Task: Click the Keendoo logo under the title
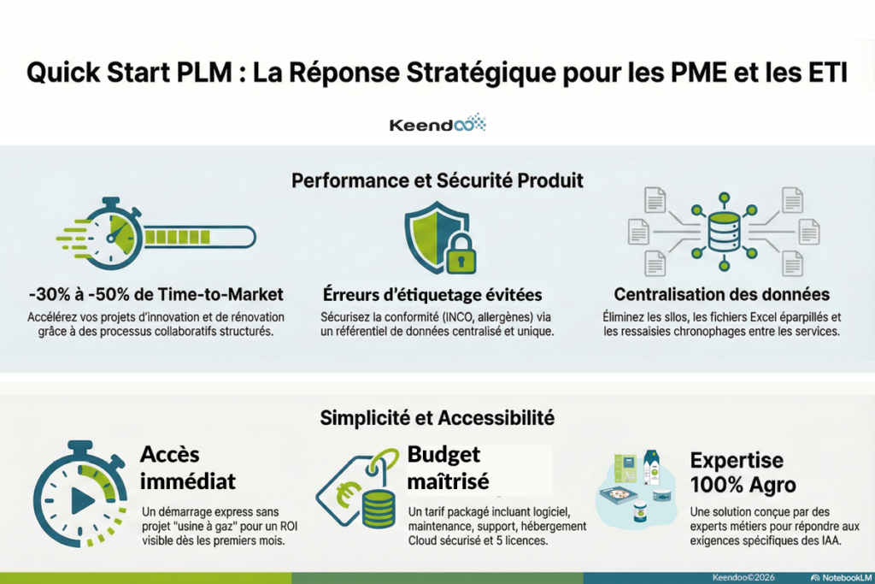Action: pyautogui.click(x=437, y=124)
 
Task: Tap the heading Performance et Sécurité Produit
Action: pyautogui.click(x=437, y=180)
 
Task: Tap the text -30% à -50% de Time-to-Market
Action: pyautogui.click(x=156, y=295)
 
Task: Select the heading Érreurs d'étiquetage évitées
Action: pyautogui.click(x=432, y=295)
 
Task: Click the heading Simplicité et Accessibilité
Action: pyautogui.click(x=437, y=418)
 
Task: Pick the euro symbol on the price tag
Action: pyautogui.click(x=348, y=493)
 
